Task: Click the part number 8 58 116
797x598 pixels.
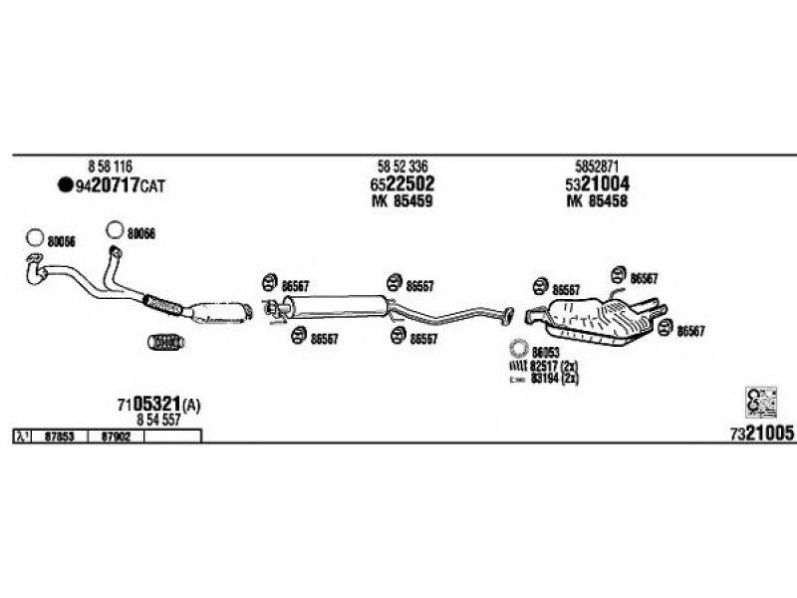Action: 110,166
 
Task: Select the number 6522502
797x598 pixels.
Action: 401,184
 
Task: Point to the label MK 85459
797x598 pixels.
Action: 401,201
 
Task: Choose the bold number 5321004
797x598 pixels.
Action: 596,184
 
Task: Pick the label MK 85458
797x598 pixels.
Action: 596,201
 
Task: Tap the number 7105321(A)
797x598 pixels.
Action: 158,404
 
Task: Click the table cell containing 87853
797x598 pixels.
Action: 62,437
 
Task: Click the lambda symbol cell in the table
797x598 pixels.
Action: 22,437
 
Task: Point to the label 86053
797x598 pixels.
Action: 545,352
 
